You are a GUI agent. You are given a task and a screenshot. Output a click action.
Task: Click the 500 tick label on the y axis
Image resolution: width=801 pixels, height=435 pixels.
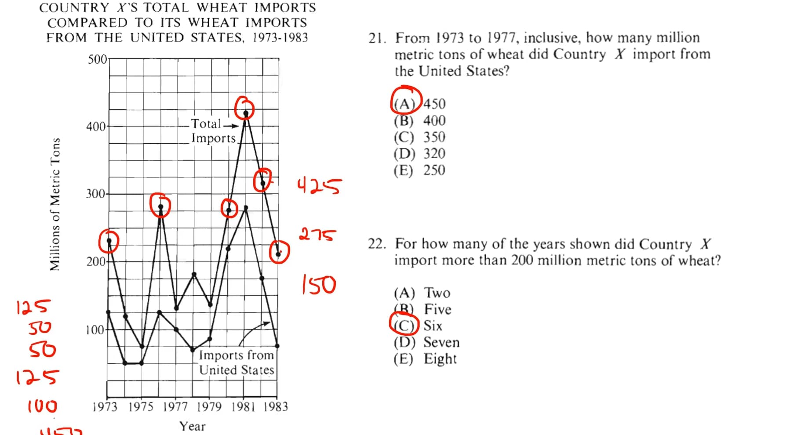tap(97, 59)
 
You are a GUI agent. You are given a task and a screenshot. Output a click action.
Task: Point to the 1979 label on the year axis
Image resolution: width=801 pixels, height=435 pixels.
tap(209, 406)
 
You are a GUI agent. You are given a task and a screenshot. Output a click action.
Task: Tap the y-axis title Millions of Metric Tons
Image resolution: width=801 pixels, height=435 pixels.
tap(55, 204)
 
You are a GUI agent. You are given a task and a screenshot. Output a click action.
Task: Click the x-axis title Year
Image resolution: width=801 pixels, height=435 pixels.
tap(192, 426)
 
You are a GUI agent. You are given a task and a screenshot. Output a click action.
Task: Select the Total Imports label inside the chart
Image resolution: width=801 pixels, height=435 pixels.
tap(213, 131)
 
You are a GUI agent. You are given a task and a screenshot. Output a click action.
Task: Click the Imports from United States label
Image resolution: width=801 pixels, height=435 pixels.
tap(237, 362)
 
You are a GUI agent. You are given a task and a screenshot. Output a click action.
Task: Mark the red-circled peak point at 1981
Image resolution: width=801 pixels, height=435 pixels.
tap(245, 109)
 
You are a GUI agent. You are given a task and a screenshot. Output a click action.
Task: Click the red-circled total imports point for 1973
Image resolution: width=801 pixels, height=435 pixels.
tap(109, 241)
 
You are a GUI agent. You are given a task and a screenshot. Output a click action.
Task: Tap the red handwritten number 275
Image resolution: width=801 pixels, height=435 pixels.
tap(317, 234)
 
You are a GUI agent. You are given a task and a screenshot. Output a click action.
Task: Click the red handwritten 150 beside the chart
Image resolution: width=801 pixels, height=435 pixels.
tap(319, 285)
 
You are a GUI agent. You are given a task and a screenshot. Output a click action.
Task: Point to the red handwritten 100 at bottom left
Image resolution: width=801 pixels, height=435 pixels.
tap(42, 406)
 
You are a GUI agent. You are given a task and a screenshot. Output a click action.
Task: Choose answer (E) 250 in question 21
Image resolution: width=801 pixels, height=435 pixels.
tap(419, 170)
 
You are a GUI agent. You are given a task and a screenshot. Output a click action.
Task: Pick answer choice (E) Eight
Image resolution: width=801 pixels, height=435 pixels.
tap(425, 359)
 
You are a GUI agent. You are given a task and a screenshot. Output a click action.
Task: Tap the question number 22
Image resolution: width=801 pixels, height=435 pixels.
tap(377, 244)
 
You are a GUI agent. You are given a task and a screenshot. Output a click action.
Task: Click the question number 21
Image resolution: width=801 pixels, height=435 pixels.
tap(377, 38)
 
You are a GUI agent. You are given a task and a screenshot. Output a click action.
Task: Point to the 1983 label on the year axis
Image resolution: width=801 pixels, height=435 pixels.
tap(276, 406)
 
